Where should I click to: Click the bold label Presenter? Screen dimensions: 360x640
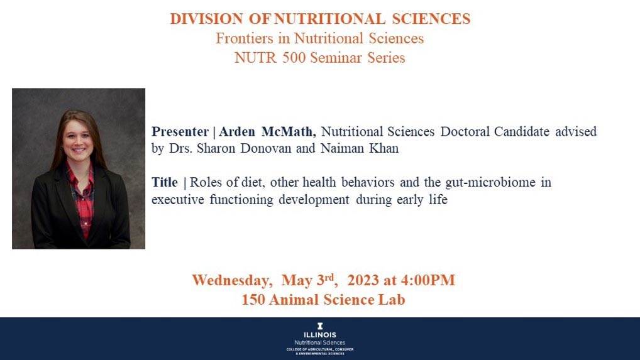[x=180, y=132]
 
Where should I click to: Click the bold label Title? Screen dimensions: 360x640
[x=165, y=183]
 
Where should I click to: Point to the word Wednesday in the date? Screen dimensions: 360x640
[x=232, y=280]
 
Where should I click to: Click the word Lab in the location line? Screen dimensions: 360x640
[x=390, y=300]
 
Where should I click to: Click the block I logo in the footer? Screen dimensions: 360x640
[x=320, y=326]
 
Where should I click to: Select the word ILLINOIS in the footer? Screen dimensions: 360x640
[x=320, y=335]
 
